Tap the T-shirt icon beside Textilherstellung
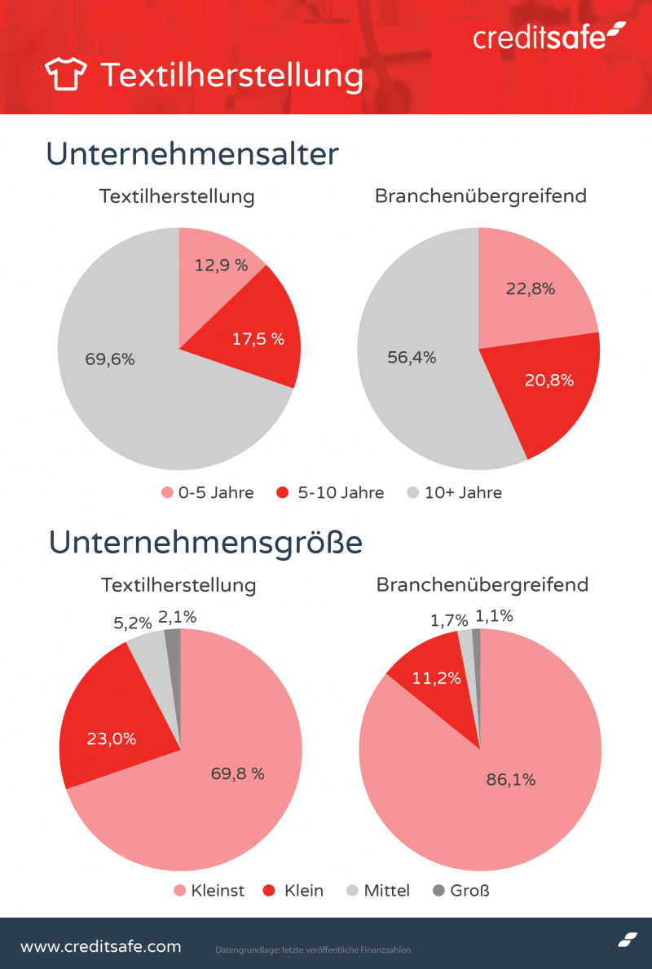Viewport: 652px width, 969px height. point(64,74)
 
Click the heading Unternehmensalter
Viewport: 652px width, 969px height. point(192,154)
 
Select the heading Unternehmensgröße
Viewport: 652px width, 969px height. point(205,542)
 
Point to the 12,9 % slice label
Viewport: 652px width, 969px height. point(222,265)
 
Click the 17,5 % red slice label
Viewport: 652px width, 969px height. point(258,339)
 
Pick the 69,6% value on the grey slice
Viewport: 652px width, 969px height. point(110,359)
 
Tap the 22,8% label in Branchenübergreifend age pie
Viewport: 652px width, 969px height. point(530,288)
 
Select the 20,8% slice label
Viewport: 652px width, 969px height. point(549,380)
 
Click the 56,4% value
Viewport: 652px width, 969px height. point(412,357)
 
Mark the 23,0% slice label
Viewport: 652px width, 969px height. point(112,739)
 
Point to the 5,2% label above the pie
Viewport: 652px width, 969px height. point(132,623)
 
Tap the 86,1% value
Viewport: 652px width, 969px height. point(511,780)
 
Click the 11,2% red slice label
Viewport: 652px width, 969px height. point(437,677)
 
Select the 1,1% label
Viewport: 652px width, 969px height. point(494,616)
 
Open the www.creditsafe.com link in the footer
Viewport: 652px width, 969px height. point(100,946)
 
